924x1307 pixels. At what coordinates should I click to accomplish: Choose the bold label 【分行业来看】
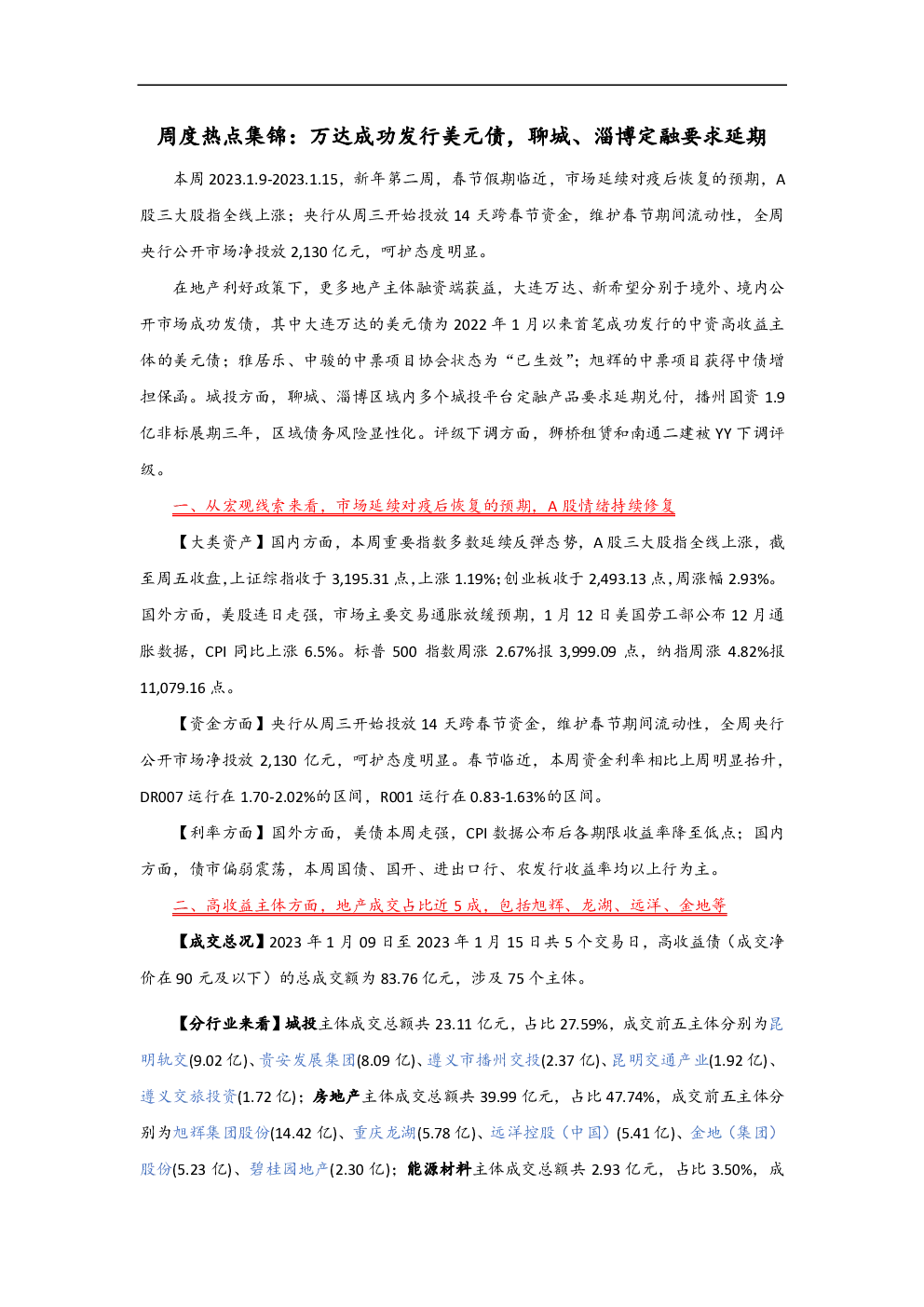[228, 1024]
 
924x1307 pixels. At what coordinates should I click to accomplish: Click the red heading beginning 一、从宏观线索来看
[424, 506]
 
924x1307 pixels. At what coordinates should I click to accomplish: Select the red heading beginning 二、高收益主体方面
[449, 905]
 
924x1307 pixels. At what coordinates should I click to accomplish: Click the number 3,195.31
[360, 579]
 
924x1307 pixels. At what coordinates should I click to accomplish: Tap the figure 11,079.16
[172, 688]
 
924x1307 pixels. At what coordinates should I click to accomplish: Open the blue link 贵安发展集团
[307, 1060]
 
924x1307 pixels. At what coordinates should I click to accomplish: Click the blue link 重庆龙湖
[385, 1133]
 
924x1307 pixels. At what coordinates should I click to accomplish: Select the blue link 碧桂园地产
[290, 1169]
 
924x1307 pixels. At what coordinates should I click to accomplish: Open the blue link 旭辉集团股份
[221, 1133]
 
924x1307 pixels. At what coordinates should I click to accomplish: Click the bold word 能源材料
[439, 1169]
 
